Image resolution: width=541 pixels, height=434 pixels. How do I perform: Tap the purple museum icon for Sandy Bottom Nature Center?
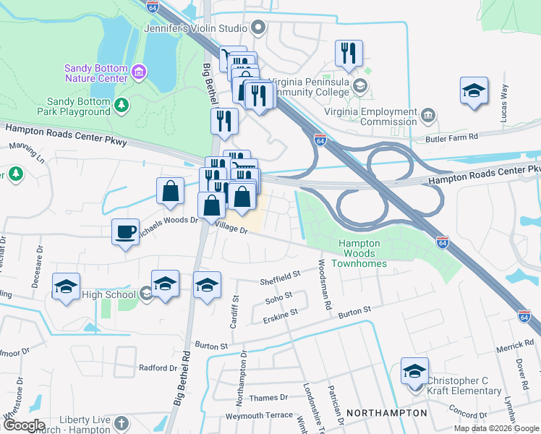point(139,72)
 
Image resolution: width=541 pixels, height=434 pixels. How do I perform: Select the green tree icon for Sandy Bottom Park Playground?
point(122,106)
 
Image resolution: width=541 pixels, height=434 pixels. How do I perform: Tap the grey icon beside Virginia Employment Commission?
point(428,114)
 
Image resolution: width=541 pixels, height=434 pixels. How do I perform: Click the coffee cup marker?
point(125,232)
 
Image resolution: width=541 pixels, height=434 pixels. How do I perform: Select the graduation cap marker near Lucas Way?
point(474,90)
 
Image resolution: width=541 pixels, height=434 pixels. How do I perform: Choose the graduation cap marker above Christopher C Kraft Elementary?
point(414,371)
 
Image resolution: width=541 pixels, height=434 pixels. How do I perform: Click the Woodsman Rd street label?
point(323,285)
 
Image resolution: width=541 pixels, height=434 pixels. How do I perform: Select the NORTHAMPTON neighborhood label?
point(386,412)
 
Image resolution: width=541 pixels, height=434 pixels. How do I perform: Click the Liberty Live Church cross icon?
point(122,422)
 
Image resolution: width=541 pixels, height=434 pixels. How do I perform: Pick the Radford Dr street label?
point(158,367)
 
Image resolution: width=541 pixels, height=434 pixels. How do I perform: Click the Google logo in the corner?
point(24,425)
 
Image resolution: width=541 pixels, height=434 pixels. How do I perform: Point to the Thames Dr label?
point(268,398)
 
